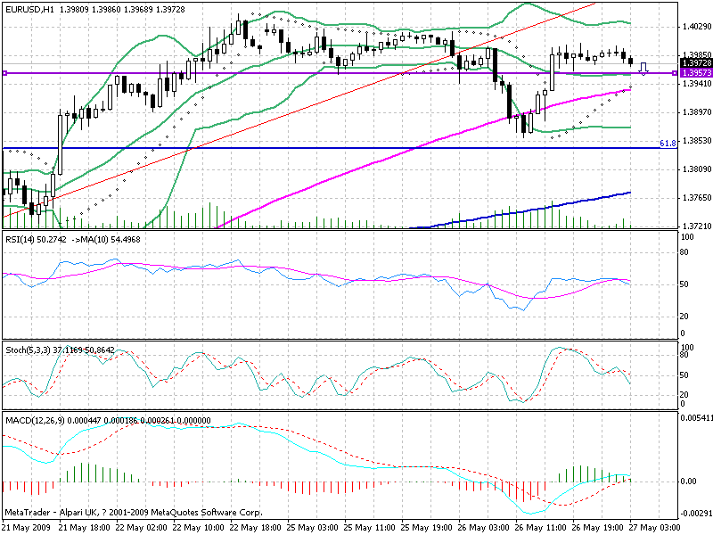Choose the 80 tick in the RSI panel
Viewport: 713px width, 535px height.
pyautogui.click(x=686, y=252)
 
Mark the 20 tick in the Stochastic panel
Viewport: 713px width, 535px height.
pyautogui.click(x=686, y=394)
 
